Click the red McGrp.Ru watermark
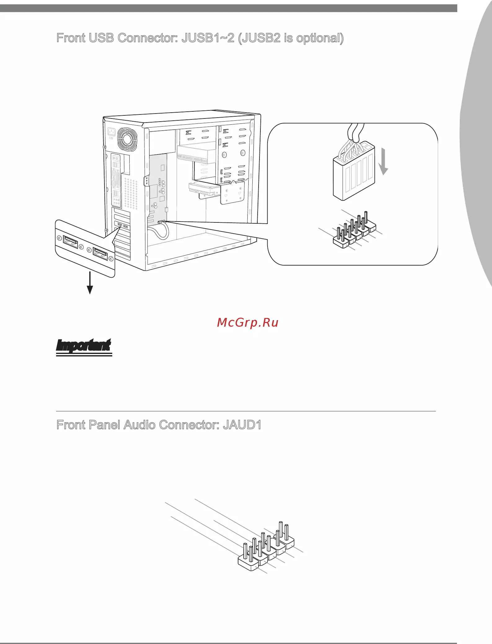(x=248, y=323)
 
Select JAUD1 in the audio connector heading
(x=242, y=425)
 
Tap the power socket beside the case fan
(x=111, y=132)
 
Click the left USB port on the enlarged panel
(x=70, y=242)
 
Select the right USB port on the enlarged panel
(x=100, y=254)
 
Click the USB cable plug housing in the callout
(x=354, y=171)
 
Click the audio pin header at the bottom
(x=266, y=547)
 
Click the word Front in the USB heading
(x=71, y=38)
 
